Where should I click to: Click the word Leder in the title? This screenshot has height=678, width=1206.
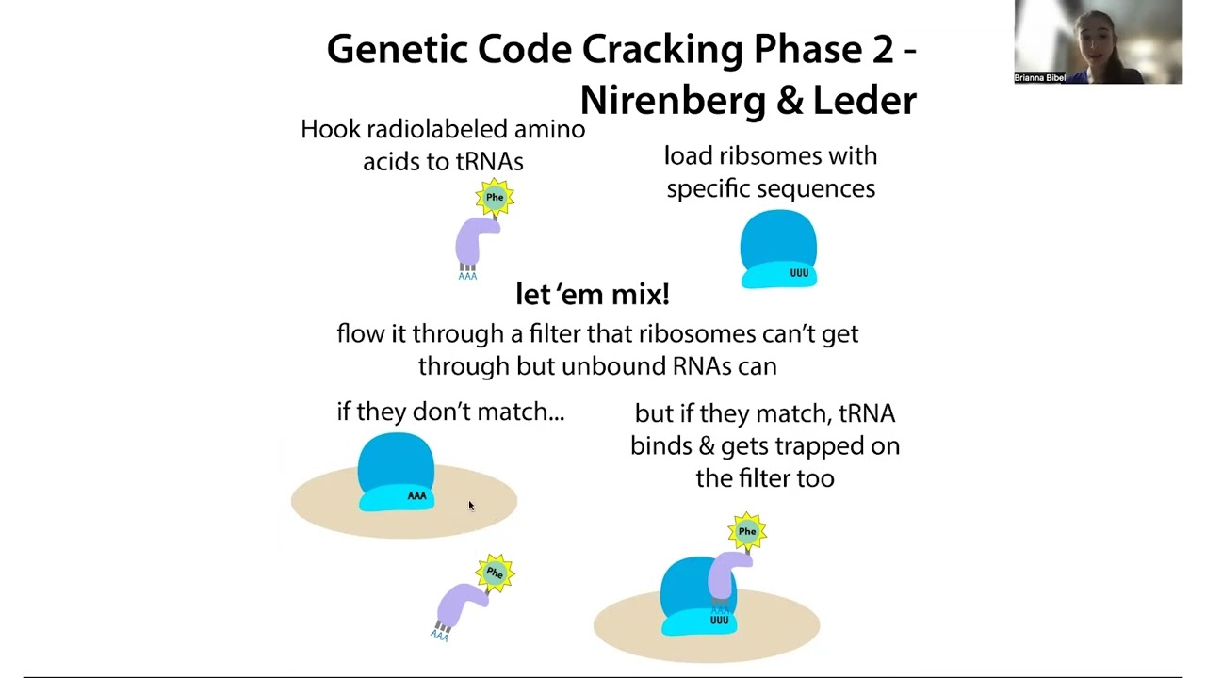click(x=865, y=100)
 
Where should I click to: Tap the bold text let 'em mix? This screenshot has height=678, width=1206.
click(x=593, y=294)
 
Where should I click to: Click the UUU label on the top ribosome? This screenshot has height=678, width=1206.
click(x=799, y=273)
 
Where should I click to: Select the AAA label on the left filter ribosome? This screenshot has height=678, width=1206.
click(x=416, y=495)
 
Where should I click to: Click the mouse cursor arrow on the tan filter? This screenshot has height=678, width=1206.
click(x=472, y=506)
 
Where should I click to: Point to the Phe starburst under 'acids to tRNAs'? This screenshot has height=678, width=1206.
click(x=495, y=197)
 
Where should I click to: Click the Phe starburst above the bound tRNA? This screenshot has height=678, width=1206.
click(x=747, y=531)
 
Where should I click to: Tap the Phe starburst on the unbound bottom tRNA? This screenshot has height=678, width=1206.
click(x=495, y=573)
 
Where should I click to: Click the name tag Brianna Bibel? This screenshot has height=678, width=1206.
click(x=1039, y=77)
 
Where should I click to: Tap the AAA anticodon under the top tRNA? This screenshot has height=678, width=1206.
click(x=467, y=276)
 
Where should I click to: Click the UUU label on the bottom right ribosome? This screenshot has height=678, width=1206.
click(x=719, y=620)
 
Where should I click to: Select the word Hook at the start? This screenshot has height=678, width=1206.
click(x=330, y=129)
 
